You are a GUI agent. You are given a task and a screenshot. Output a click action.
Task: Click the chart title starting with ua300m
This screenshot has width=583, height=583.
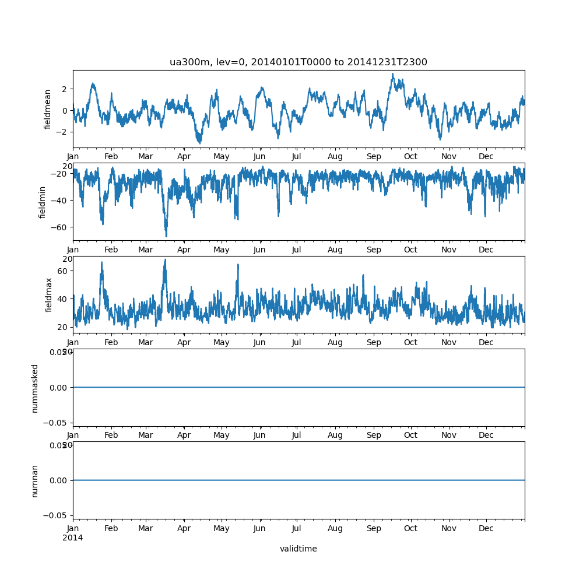[298, 62]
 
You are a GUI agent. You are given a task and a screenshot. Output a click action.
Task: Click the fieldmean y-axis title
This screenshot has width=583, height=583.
[48, 109]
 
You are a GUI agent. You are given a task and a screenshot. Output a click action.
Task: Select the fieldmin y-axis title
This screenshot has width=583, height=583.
[42, 202]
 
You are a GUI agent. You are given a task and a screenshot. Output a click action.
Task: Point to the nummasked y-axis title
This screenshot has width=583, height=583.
[34, 388]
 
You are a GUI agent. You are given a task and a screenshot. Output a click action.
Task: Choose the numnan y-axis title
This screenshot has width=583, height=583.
[34, 480]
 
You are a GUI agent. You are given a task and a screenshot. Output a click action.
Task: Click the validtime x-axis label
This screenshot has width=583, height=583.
[298, 549]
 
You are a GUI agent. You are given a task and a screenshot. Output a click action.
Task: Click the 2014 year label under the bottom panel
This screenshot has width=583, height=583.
[72, 538]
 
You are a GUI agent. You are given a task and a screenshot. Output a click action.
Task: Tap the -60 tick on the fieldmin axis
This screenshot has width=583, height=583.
[59, 227]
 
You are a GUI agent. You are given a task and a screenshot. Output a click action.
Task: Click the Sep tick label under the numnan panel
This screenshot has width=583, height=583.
[374, 528]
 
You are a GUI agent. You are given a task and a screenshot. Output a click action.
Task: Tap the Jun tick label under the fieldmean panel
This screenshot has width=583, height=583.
[259, 157]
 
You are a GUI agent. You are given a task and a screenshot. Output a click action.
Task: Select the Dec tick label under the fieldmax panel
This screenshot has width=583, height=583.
[486, 342]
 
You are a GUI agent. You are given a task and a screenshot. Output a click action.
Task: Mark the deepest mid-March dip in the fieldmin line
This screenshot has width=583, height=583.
[166, 236]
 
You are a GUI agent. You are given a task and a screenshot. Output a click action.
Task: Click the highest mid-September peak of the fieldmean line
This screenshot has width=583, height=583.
[392, 74]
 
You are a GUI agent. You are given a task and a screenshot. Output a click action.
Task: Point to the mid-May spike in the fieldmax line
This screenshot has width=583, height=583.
[238, 265]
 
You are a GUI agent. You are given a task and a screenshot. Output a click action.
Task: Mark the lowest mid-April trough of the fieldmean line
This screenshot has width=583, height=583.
[199, 143]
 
